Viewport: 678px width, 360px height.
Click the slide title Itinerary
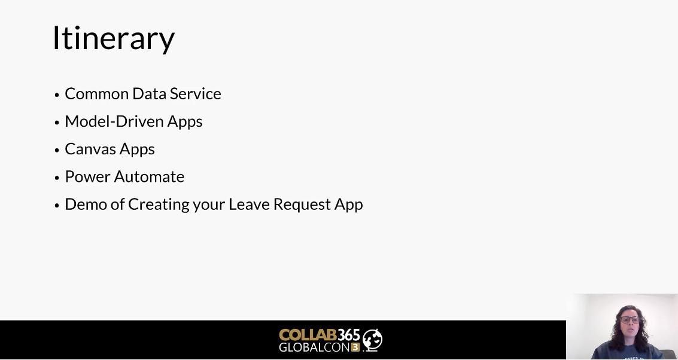tap(114, 38)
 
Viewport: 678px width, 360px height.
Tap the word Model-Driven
tap(114, 121)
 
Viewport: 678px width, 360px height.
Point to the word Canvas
tap(90, 149)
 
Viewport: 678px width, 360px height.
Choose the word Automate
tap(149, 177)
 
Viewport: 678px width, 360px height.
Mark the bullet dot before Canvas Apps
tap(57, 150)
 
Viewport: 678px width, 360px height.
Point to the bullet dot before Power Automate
tap(57, 178)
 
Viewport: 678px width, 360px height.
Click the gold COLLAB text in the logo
tap(308, 335)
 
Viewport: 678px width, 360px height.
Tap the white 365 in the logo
tap(348, 335)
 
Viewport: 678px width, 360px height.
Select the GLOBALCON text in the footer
tap(314, 347)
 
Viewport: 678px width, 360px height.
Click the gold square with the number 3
tap(355, 347)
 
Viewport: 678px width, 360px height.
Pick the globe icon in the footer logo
tap(372, 340)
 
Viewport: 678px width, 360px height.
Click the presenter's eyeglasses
tap(629, 320)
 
